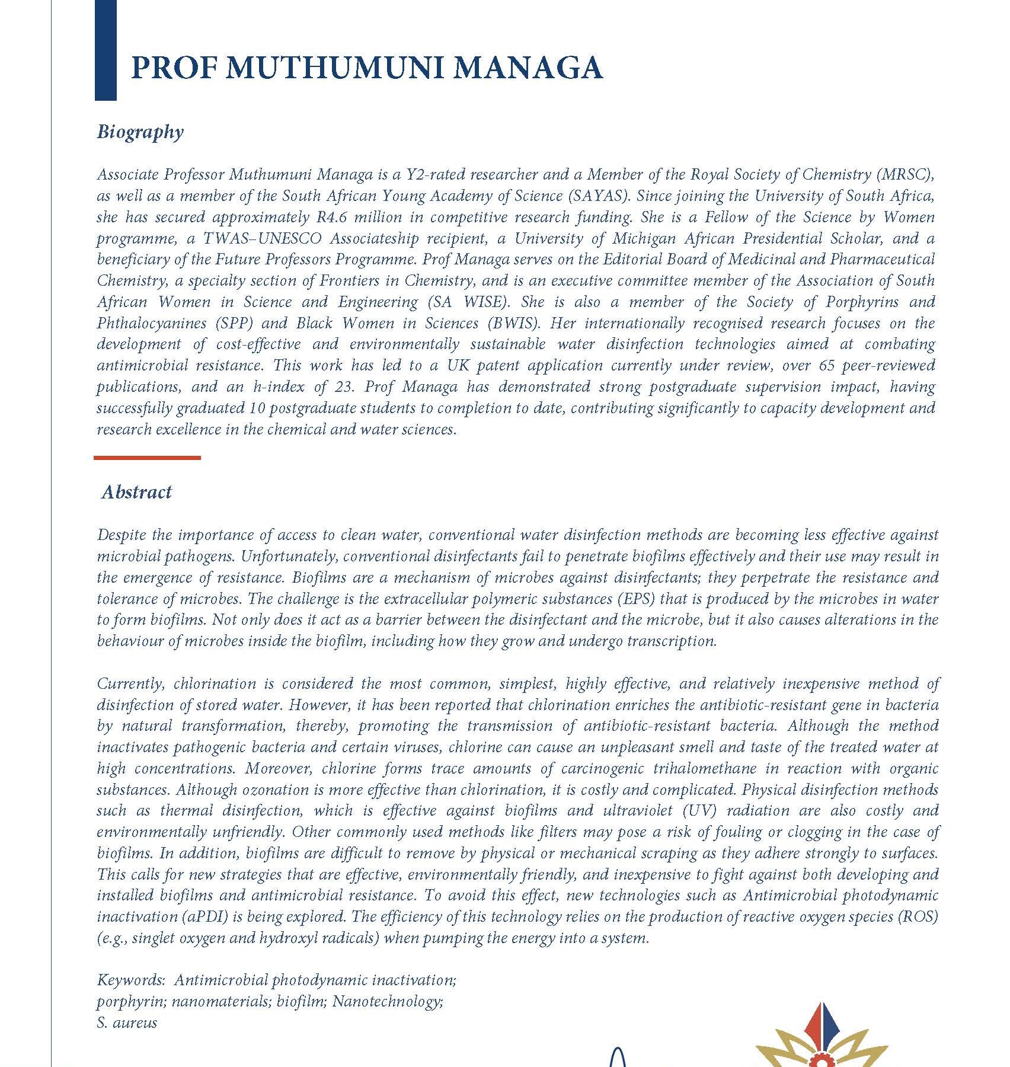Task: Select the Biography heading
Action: pos(140,132)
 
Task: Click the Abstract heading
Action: pos(136,492)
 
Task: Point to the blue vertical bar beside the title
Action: pos(106,50)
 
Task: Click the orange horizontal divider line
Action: pos(147,458)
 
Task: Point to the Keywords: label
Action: pos(131,980)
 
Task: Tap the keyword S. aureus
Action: pos(127,1023)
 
